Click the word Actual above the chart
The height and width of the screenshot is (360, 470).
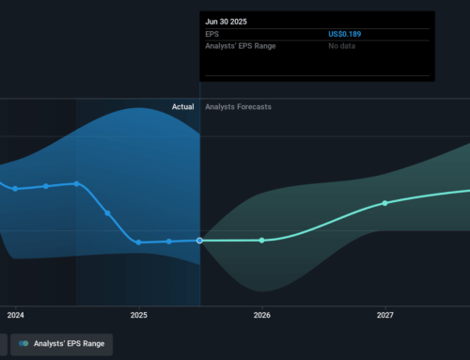(182, 107)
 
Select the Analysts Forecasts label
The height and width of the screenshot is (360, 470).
(238, 107)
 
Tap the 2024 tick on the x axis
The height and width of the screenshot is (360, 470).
(15, 315)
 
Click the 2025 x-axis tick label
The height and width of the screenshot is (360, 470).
(138, 315)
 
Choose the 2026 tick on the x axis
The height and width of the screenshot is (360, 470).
(261, 315)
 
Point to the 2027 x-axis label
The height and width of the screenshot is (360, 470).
(384, 315)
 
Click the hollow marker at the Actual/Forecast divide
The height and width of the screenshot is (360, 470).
(200, 241)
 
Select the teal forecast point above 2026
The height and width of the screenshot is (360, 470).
(262, 241)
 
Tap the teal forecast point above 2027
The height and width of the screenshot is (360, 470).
(384, 203)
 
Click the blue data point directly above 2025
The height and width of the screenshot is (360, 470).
(138, 243)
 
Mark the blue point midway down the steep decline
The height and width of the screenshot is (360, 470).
(107, 213)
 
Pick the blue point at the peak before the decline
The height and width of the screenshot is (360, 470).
(76, 184)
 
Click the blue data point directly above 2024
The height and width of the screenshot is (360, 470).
(15, 189)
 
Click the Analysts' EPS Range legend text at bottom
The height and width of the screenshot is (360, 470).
(70, 344)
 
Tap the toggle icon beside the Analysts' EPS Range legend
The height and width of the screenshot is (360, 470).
(23, 344)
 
